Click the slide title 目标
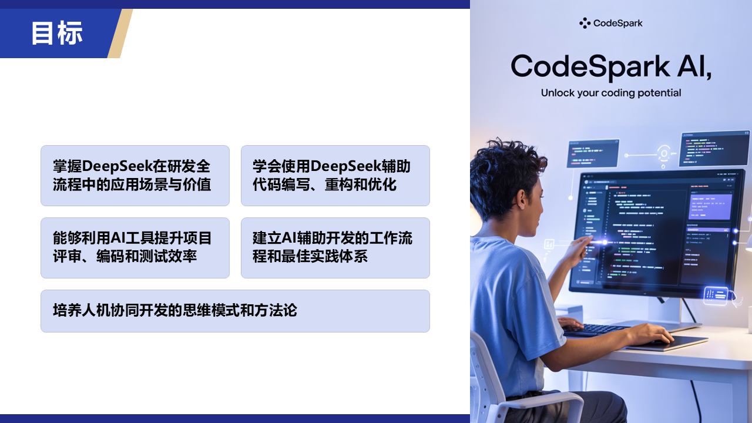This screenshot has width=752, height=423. point(57,33)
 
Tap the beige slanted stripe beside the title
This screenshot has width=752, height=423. point(120,33)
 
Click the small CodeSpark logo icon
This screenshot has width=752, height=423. point(585,23)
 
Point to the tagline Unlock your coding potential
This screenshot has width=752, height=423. point(611,93)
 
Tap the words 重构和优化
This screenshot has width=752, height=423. point(361,184)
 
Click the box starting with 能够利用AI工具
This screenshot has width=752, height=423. point(135,248)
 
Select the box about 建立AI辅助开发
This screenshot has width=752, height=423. point(335,248)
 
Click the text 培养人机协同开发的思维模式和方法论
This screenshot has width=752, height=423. point(175,311)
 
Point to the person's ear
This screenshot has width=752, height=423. point(522,196)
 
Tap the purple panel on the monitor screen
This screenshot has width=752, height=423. point(710,206)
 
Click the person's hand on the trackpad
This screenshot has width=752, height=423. point(650,334)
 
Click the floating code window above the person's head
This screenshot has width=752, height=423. point(593,153)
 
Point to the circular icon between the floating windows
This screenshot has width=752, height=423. point(664,153)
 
